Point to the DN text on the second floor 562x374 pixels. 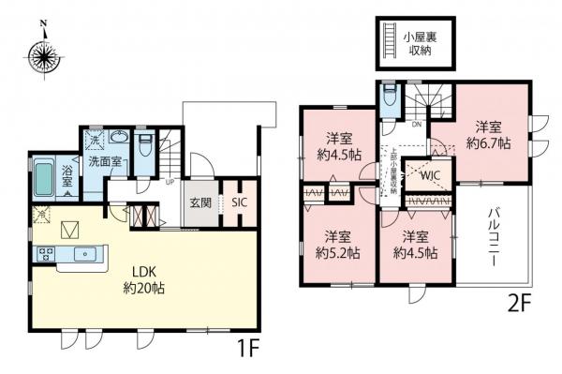pos(419,124)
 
